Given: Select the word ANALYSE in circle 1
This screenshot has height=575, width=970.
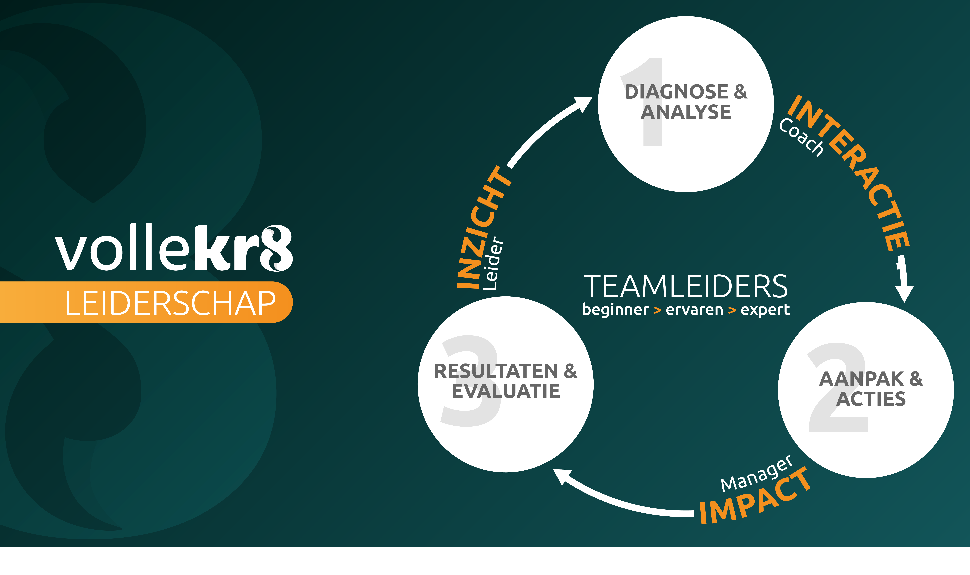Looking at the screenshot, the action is click(x=686, y=112).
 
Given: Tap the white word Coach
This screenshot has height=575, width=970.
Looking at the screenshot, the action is click(x=801, y=138).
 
